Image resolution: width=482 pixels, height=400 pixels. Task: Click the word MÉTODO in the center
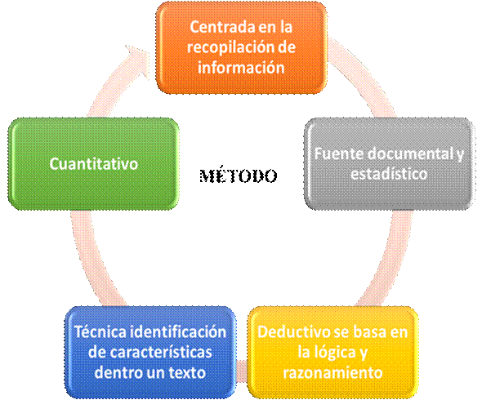point(239,176)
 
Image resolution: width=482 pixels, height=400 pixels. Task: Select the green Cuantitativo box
point(93,164)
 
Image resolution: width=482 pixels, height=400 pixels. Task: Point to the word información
point(241,68)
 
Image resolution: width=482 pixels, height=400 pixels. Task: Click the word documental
point(409,153)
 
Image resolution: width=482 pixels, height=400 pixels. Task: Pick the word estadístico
point(389,174)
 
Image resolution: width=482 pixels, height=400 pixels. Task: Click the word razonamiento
point(332,373)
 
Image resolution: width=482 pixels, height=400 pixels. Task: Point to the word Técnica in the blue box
point(99,331)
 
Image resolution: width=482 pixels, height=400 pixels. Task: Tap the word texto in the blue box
point(187,373)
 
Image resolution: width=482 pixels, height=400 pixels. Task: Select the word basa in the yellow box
point(370,332)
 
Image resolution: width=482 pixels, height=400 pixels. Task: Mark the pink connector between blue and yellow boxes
point(242,371)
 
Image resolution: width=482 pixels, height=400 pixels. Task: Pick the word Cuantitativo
point(94,164)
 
